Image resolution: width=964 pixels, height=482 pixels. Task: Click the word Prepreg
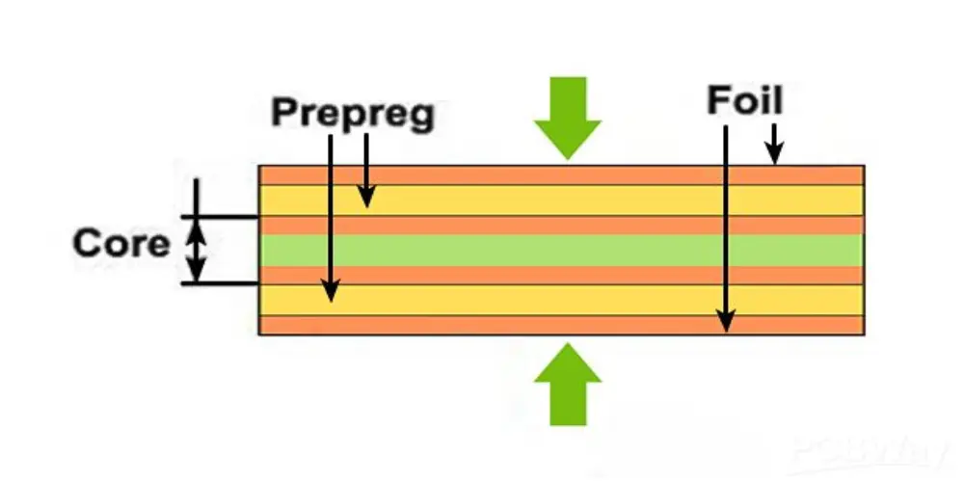click(353, 113)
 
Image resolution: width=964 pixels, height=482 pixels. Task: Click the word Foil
click(744, 100)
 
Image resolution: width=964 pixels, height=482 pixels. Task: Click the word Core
click(120, 243)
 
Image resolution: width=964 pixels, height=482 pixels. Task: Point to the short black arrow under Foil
click(774, 144)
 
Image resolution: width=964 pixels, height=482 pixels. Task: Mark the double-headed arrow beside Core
click(196, 249)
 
